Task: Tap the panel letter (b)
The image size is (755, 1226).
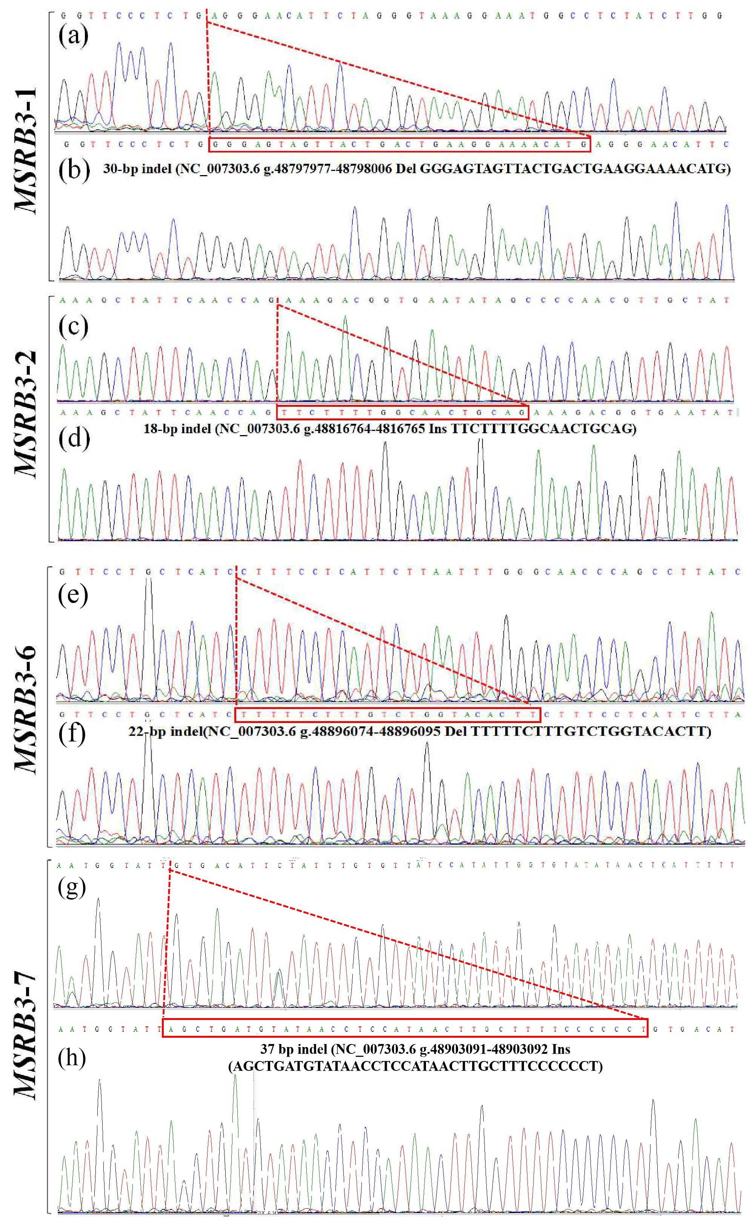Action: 74,170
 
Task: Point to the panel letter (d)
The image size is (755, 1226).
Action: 74,438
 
